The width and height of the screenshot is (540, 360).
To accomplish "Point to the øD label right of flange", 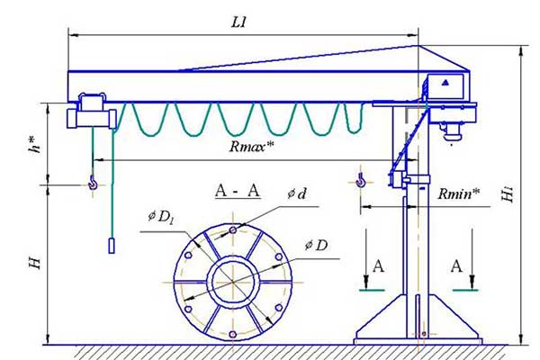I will click(316, 245).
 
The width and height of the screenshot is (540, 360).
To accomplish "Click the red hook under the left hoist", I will click(92, 184).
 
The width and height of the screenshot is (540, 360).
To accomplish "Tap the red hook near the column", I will click(361, 183).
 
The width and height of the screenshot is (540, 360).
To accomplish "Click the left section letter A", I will click(378, 267).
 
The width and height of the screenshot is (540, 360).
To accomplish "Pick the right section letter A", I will click(457, 267).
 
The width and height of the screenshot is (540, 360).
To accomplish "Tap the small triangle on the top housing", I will click(444, 81).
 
